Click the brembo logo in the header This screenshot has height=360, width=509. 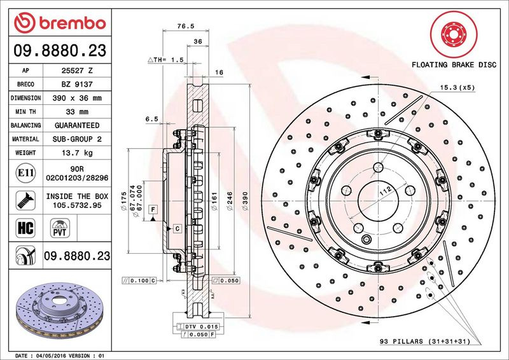click(60, 23)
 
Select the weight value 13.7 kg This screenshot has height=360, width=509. click(77, 153)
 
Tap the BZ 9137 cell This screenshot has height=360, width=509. click(77, 85)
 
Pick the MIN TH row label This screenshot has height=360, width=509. click(25, 112)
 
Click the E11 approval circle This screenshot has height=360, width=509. click(25, 173)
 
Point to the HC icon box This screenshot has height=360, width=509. click(25, 228)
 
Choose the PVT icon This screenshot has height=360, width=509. click(60, 228)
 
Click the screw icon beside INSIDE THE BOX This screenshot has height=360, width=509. click(25, 200)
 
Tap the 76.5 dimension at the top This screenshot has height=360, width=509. click(186, 26)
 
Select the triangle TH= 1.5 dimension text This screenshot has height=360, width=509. click(165, 60)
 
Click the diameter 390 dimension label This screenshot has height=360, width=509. click(245, 201)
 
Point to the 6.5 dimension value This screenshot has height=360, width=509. click(151, 119)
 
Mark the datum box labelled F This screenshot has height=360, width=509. click(153, 209)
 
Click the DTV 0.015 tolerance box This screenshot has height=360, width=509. click(198, 326)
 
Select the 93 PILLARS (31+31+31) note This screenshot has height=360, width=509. click(425, 342)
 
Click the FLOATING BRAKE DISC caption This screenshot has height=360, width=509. click(454, 65)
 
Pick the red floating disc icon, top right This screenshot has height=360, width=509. click(454, 34)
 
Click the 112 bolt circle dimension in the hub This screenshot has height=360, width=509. click(386, 191)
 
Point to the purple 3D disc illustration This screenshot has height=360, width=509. click(59, 310)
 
